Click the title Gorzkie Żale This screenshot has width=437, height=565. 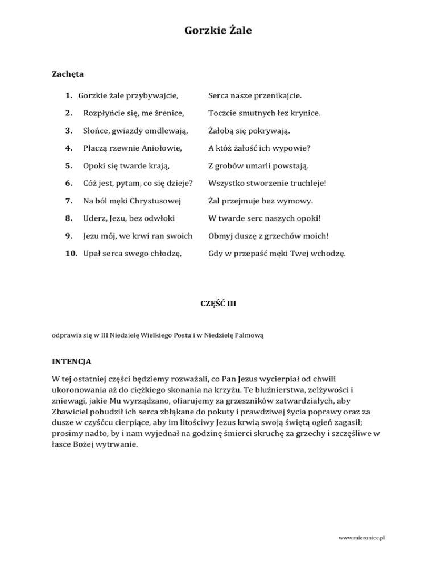click(218, 31)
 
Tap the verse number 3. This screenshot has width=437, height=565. click(68, 132)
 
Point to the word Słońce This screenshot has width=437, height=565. click(94, 132)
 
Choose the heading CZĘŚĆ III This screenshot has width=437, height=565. click(218, 304)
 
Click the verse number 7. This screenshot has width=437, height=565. click(68, 201)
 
